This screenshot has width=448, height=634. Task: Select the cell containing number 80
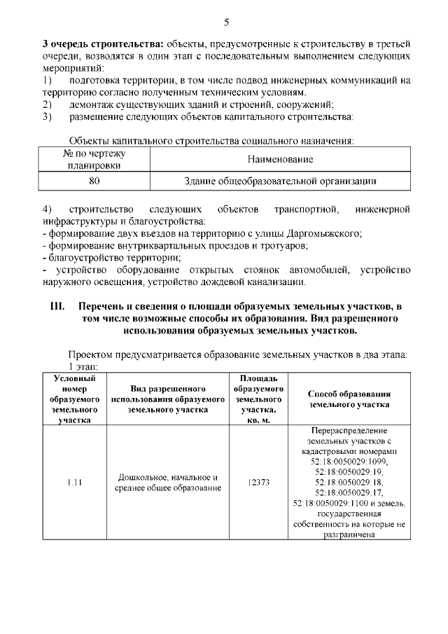pos(94,181)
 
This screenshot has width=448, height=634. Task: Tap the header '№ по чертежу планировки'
pos(94,160)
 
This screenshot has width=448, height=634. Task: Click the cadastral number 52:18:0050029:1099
pos(347,462)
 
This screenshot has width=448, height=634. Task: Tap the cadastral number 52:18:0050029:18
pos(347,483)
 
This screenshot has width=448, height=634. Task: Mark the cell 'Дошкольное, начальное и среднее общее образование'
pos(168,483)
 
